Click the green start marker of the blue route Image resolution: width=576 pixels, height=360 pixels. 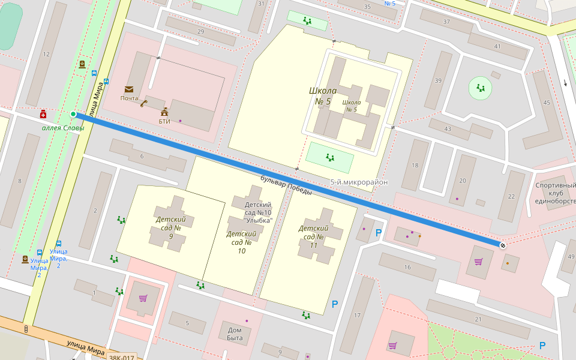tap(73, 114)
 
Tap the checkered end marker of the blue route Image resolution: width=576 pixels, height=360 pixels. tap(502, 245)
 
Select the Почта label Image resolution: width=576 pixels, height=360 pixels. tap(129, 98)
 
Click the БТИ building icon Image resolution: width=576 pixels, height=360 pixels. tap(164, 112)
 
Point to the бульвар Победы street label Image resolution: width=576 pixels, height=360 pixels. tap(286, 185)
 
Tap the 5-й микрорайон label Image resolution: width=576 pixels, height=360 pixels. tap(359, 182)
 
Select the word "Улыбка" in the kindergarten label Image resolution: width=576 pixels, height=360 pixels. tap(259, 220)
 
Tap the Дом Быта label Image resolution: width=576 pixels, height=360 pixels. tap(235, 334)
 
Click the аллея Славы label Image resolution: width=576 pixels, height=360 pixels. tap(63, 128)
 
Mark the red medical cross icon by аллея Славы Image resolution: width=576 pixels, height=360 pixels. tap(43, 114)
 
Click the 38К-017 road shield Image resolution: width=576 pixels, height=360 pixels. tap(122, 358)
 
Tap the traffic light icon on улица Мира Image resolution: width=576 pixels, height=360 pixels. tap(26, 329)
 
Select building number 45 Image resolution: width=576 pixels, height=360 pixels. tap(546, 103)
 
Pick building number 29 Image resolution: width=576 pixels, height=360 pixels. tap(200, 32)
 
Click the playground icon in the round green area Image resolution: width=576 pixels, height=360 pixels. tap(481, 88)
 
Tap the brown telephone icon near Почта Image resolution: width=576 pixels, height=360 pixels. tap(143, 103)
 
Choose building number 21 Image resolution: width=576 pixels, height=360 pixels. tap(478, 320)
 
